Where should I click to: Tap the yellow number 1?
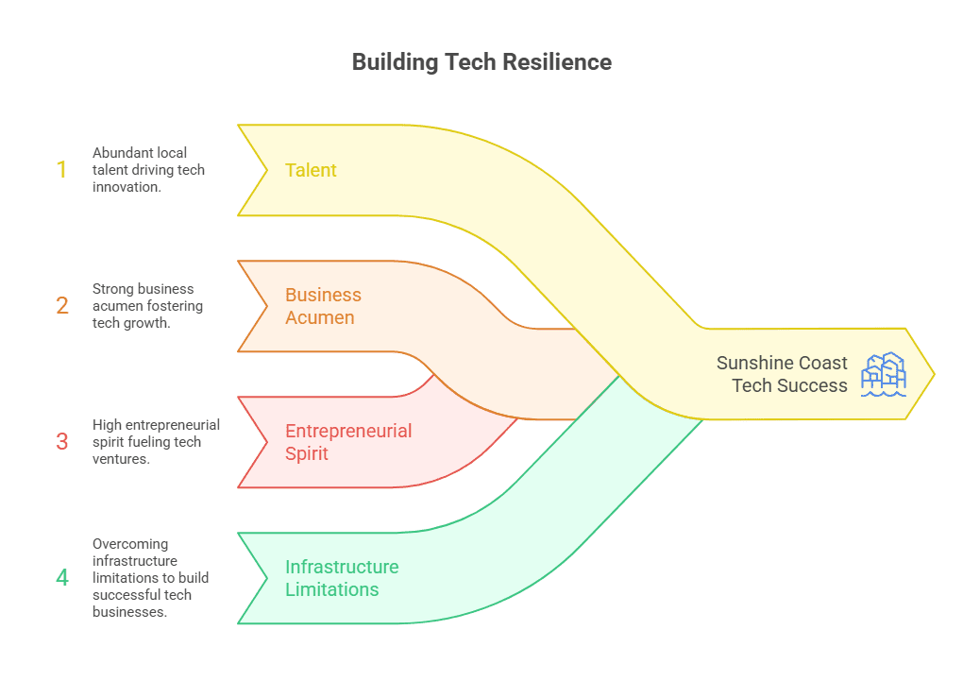click(62, 170)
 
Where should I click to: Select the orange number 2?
click(62, 305)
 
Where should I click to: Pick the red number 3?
click(62, 441)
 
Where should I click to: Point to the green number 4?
click(62, 577)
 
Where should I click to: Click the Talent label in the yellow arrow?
click(311, 170)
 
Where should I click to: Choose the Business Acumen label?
click(323, 306)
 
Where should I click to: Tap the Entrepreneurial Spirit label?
click(348, 442)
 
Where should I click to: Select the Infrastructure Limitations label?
click(342, 578)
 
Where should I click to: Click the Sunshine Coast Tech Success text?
click(782, 374)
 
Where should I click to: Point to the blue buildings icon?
click(883, 374)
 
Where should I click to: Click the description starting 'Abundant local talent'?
click(148, 170)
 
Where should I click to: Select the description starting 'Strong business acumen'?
click(147, 305)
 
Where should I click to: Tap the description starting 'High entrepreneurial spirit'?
click(155, 441)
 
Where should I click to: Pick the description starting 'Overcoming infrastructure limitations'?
click(150, 577)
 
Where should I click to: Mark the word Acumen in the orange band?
click(320, 317)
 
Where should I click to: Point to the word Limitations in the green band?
click(331, 589)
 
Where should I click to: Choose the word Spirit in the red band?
click(307, 453)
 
